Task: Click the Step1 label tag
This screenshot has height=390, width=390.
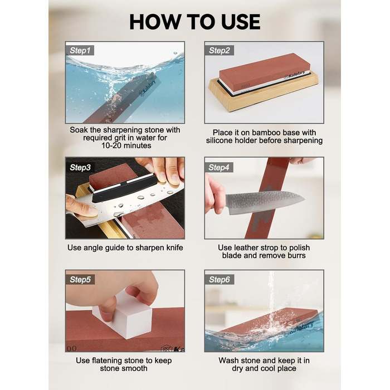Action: click(x=80, y=50)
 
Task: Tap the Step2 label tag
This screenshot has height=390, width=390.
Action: click(x=219, y=50)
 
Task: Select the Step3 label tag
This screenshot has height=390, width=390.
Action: click(x=80, y=167)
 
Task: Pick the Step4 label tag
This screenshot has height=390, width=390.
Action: click(x=219, y=167)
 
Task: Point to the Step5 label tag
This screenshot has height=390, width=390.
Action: click(x=80, y=279)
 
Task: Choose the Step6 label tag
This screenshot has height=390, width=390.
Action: click(x=219, y=279)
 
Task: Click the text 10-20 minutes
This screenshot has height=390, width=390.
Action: click(x=126, y=145)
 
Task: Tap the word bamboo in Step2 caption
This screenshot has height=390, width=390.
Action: click(x=257, y=133)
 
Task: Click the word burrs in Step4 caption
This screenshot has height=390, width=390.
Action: click(x=295, y=255)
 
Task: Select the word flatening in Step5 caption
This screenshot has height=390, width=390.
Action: click(x=108, y=360)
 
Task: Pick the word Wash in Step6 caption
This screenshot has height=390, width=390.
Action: click(x=228, y=360)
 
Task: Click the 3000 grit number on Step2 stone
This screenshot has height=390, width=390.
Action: click(x=245, y=85)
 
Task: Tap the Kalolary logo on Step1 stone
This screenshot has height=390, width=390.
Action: click(x=148, y=88)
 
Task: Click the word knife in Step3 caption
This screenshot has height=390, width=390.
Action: click(x=174, y=247)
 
